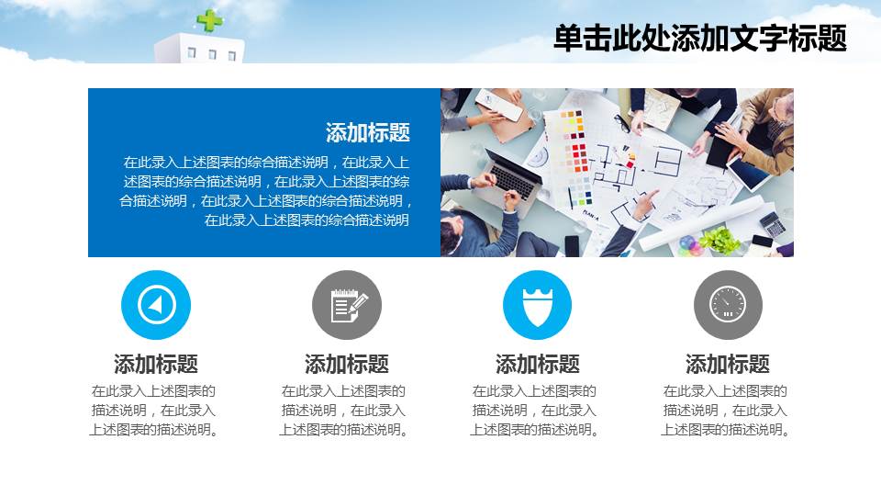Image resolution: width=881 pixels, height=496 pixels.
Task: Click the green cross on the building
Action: point(209,20)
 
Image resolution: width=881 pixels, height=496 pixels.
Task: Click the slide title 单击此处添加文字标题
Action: point(699,39)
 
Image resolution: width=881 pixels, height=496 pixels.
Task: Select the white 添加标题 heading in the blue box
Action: point(367,132)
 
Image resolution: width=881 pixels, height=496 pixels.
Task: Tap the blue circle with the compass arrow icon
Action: point(155,305)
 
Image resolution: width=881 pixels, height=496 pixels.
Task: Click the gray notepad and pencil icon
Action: point(347,305)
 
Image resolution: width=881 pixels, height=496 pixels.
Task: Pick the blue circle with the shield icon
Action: point(537,305)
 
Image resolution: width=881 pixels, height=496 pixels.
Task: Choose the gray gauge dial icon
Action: point(728,305)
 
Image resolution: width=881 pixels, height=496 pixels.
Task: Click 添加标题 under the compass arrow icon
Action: point(155,364)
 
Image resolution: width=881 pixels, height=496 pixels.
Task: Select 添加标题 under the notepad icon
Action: point(347,364)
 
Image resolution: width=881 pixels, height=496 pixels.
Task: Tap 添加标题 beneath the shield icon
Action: point(537,364)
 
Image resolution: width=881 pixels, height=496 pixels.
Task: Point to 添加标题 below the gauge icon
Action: point(728,364)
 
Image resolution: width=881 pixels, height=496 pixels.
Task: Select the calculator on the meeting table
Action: point(773,223)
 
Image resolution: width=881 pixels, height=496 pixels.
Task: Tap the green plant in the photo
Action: point(719,241)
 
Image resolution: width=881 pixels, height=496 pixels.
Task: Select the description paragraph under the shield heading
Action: point(537,411)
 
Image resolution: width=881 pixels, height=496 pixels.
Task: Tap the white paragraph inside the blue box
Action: point(266,191)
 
